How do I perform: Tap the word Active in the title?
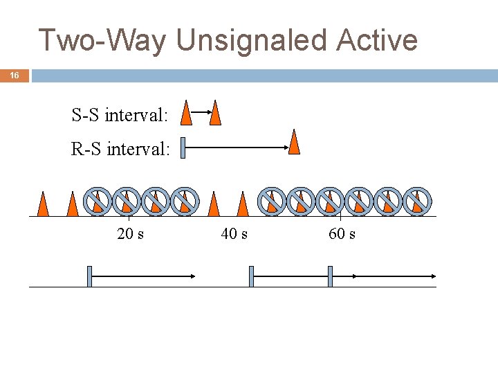[x=377, y=40]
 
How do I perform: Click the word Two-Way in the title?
[x=102, y=40]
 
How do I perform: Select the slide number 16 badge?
[x=15, y=75]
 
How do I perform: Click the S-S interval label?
[x=120, y=115]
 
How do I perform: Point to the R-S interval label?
[x=120, y=148]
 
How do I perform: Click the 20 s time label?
[x=131, y=234]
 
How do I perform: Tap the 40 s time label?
[x=234, y=234]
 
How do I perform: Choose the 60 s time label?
[x=342, y=234]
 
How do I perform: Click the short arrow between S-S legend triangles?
[x=201, y=112]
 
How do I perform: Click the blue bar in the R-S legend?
[x=183, y=148]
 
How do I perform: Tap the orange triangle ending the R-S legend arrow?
[x=294, y=142]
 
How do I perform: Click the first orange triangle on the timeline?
[x=43, y=203]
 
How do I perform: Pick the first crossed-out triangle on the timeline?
[x=97, y=201]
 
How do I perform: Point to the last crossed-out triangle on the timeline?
[x=417, y=201]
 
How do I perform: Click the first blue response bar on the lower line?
[x=89, y=276]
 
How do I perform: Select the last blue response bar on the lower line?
[x=331, y=276]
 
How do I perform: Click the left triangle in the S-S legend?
[x=186, y=113]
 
